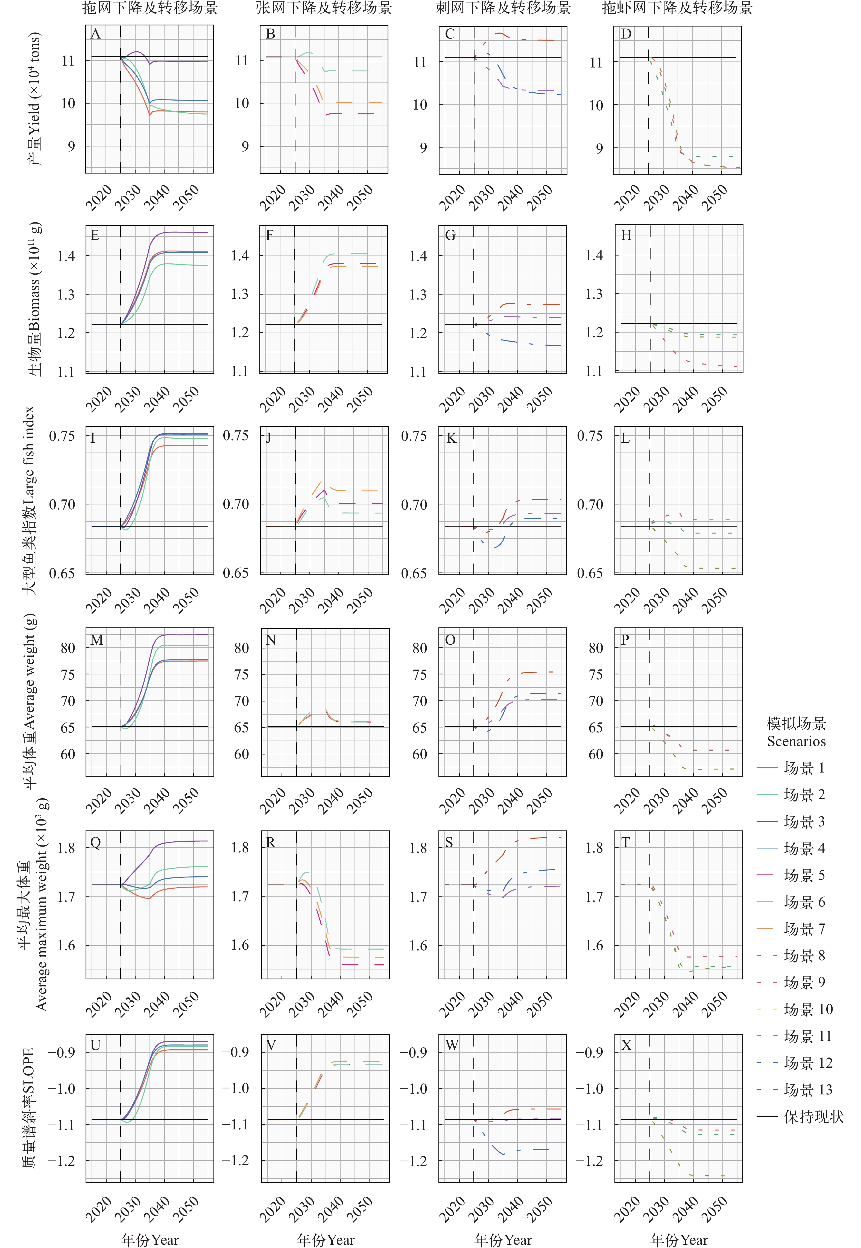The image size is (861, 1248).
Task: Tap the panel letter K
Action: pos(451,438)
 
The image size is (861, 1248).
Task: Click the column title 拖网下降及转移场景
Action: pos(150,8)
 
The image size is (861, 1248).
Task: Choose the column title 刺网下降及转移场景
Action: pos(503,8)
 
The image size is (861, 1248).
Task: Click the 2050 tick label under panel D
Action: pos(715,197)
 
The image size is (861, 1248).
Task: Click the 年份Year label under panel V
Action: pos(325,1240)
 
